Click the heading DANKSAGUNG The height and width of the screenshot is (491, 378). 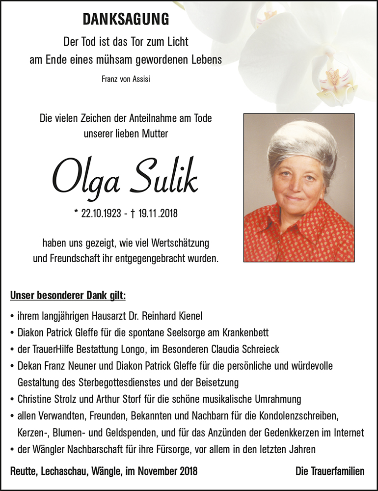(x=126, y=19)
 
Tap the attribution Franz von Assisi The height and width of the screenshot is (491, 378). (x=126, y=79)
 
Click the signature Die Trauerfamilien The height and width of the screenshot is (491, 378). (x=330, y=471)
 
